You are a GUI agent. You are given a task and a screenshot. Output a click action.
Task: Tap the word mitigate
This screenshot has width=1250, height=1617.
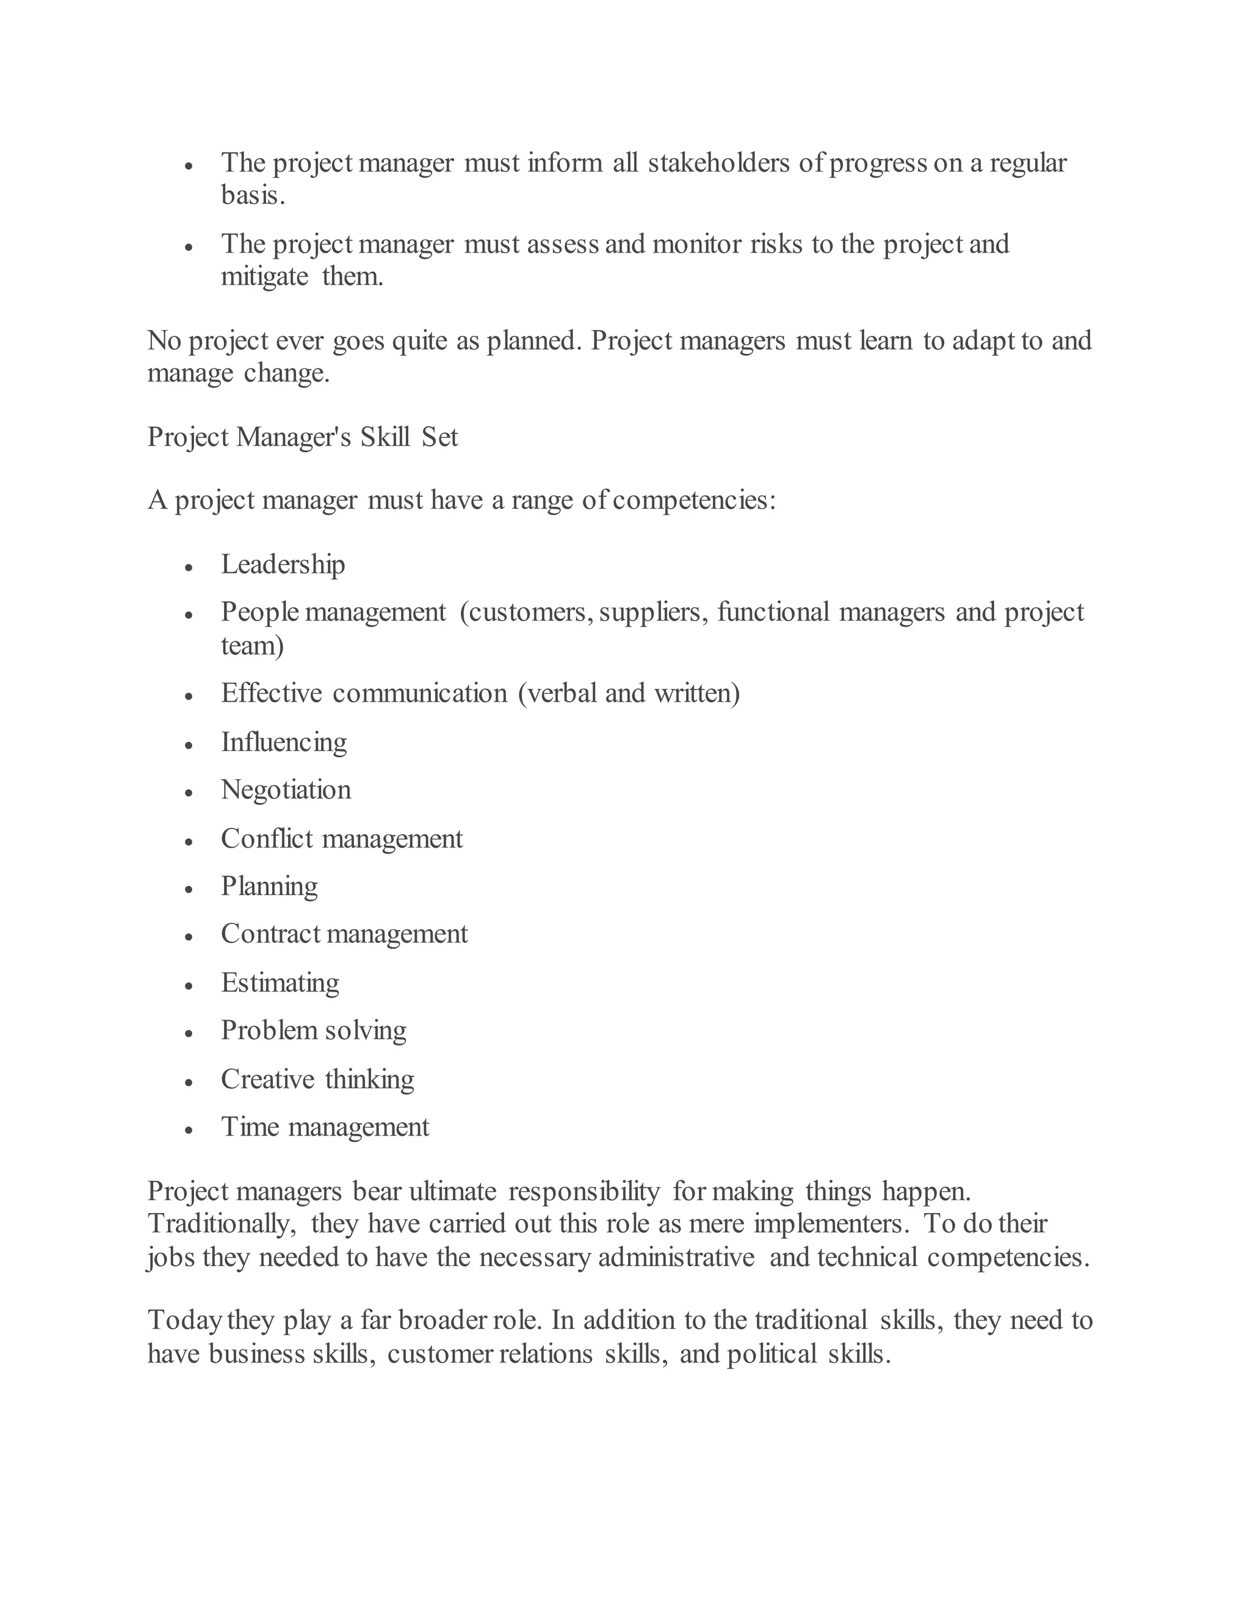pos(264,278)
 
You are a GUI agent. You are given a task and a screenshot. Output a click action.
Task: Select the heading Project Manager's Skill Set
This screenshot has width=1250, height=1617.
pos(302,438)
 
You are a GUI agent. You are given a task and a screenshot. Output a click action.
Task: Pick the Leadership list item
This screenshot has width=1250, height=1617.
pos(283,565)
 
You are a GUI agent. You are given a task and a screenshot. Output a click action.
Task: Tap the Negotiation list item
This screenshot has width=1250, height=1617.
pos(286,790)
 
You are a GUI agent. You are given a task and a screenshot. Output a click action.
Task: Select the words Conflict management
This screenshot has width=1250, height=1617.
pos(341,839)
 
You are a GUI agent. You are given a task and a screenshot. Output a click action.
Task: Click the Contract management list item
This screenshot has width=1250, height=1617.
pos(344,934)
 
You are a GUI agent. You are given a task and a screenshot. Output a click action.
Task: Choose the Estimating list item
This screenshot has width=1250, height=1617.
pos(280,983)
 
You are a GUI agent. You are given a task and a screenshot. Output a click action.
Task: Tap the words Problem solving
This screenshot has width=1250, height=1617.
pos(313,1031)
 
